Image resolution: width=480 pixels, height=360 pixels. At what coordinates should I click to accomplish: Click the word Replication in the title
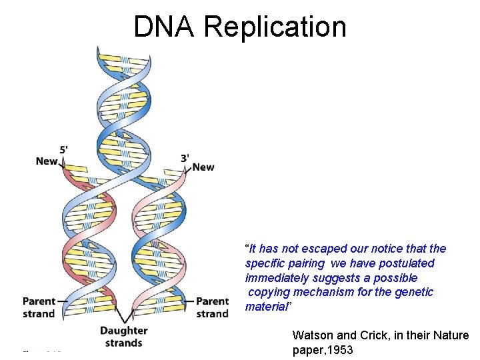275,27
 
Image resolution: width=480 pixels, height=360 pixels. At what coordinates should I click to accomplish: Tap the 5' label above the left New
63,150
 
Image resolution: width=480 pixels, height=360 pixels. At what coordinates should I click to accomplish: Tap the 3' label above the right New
185,157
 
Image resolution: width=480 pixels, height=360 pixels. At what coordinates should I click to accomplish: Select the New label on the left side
47,161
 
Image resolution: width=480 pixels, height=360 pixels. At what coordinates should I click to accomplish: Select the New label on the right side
203,167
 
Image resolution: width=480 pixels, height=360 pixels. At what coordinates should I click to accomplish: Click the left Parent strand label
39,307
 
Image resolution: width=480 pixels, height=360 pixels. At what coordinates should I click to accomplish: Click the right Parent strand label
212,307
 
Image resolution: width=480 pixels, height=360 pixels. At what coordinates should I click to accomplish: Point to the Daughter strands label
123,337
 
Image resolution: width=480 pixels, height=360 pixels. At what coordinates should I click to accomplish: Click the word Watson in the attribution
311,335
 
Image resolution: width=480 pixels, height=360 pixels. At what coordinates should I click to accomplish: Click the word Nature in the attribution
451,335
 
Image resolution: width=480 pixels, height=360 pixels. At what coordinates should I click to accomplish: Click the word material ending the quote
266,307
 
